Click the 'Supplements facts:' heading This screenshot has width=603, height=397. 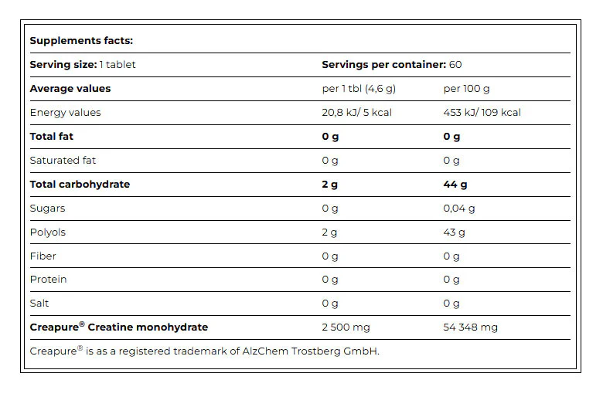[81, 41]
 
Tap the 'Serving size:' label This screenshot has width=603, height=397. [63, 65]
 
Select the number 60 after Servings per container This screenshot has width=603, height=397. [455, 65]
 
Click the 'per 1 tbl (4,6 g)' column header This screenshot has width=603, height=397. [359, 89]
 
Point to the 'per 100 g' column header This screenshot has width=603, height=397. [466, 89]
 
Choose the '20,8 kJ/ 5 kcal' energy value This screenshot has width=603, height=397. [357, 113]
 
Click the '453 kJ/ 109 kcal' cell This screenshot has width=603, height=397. [482, 113]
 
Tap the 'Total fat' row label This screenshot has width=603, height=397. [52, 137]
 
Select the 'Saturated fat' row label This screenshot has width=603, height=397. [63, 160]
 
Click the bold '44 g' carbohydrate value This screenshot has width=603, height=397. [455, 185]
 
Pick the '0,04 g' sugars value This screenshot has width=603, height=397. [458, 209]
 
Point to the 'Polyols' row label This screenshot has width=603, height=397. [48, 232]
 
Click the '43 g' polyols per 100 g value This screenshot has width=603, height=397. [454, 232]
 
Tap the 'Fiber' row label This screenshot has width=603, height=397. [43, 256]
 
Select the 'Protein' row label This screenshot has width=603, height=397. [48, 280]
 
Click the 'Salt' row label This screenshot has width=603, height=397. [39, 304]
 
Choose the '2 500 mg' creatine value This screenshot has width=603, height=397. [346, 327]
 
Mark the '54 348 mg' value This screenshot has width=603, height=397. [470, 327]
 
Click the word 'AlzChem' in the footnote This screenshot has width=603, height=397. [265, 351]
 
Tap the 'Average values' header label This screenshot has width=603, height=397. [70, 89]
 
